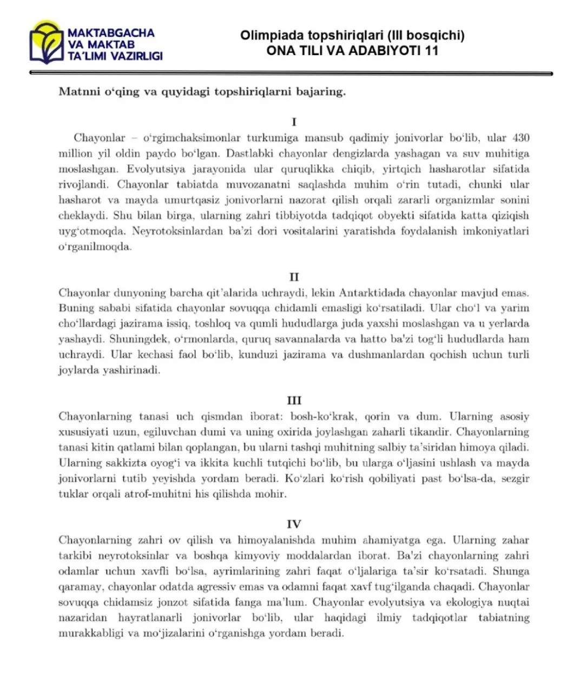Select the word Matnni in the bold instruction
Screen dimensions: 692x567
[x=77, y=91]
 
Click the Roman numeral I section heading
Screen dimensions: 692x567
[x=294, y=122]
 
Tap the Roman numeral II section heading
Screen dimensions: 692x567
[x=294, y=277]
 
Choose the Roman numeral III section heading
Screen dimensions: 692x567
[x=294, y=401]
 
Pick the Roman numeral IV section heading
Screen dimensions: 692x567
[x=294, y=524]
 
